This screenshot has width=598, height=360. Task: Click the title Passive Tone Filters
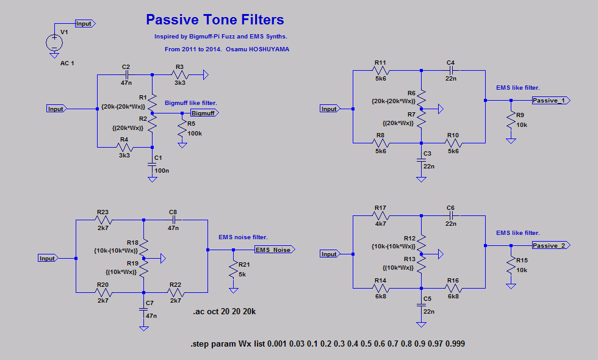(x=215, y=20)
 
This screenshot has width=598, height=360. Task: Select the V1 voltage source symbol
(x=54, y=42)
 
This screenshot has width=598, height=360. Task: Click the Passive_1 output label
(x=550, y=100)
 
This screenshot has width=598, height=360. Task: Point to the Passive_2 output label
(x=550, y=245)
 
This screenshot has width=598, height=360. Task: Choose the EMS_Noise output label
(x=274, y=250)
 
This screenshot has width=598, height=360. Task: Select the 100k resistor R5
(x=182, y=128)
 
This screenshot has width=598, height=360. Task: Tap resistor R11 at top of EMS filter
(x=380, y=71)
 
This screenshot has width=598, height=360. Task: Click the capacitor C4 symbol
(x=450, y=71)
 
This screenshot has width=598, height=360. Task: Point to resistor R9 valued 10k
(x=511, y=123)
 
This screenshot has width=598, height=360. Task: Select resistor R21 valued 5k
(x=232, y=270)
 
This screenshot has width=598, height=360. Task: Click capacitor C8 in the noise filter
(x=173, y=219)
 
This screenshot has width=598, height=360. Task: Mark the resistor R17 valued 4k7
(x=380, y=216)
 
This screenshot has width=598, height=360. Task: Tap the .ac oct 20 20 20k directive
(x=224, y=312)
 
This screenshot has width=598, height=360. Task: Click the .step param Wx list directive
(x=328, y=345)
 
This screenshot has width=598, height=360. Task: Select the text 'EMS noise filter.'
(x=243, y=237)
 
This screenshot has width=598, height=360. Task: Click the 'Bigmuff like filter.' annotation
(x=191, y=103)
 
